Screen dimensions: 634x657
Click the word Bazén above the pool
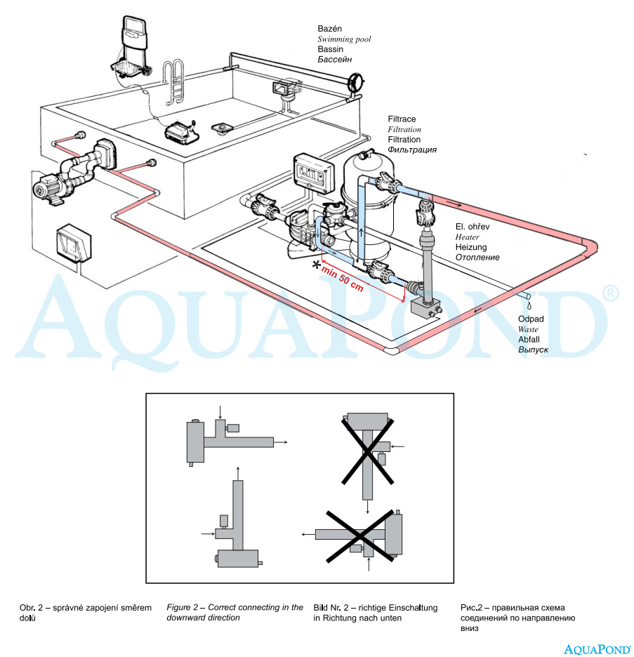(330, 29)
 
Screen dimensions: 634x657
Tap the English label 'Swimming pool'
(344, 39)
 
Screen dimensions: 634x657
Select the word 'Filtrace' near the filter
(402, 119)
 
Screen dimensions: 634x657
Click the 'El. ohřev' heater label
(473, 227)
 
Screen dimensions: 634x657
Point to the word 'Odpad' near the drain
(531, 319)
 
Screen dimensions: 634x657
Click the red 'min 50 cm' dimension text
(343, 279)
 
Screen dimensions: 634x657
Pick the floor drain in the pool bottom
(221, 127)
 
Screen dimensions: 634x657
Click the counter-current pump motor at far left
(49, 189)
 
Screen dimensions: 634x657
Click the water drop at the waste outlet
(529, 306)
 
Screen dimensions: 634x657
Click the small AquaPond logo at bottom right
(597, 649)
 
